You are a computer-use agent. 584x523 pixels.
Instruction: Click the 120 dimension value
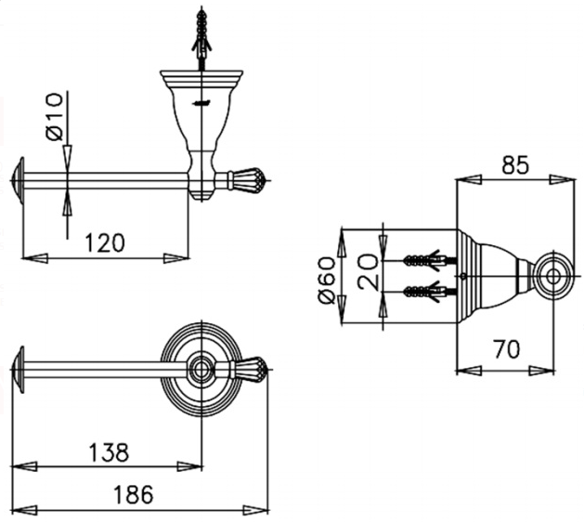tap(105, 242)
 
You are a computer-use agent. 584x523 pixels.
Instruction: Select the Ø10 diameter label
tap(53, 116)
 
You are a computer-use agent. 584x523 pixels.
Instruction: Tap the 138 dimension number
tap(110, 451)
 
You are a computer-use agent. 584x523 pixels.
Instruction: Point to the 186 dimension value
tap(132, 494)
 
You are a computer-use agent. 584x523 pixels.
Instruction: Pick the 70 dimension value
tap(507, 349)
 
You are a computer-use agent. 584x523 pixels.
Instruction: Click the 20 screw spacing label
tap(370, 276)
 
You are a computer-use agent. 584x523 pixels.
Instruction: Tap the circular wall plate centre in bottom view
tap(199, 369)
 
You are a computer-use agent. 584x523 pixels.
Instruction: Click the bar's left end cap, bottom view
tap(19, 369)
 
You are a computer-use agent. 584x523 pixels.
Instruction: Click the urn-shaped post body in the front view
tap(199, 121)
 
